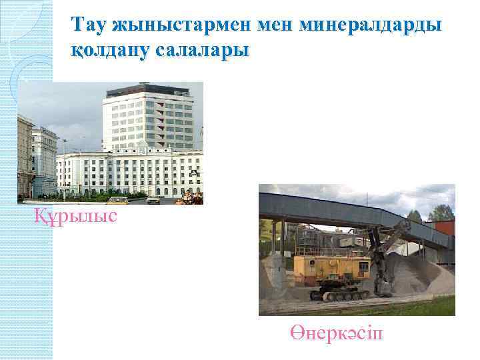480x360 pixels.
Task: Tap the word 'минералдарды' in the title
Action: [370, 25]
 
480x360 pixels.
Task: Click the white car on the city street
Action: [154, 199]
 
